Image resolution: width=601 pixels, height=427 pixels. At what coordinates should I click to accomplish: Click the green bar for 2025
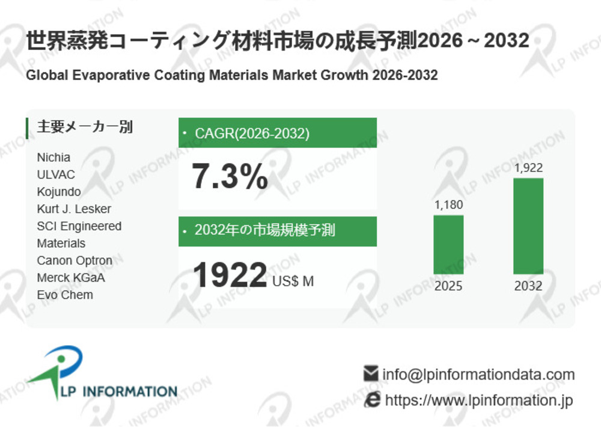[448, 244]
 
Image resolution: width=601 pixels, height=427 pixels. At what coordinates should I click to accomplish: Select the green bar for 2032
[528, 226]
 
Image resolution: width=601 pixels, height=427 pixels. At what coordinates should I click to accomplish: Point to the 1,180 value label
[448, 204]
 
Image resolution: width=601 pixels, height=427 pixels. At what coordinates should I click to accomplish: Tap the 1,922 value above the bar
[528, 168]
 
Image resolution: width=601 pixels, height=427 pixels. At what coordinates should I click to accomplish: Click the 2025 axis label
[448, 286]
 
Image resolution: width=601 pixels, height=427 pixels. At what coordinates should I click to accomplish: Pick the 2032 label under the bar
[528, 286]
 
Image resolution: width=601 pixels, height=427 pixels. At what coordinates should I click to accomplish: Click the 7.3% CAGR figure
[230, 177]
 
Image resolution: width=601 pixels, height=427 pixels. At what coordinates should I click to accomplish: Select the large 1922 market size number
[230, 275]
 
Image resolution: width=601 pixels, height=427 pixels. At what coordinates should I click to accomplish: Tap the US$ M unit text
[293, 281]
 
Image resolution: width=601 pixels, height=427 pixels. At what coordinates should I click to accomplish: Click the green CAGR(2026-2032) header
[278, 133]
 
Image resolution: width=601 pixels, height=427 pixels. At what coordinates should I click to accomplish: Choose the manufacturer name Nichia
[53, 157]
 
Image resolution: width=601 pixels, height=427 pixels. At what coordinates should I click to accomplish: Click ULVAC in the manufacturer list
[56, 174]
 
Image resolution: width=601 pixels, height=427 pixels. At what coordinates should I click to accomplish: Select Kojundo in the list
[59, 192]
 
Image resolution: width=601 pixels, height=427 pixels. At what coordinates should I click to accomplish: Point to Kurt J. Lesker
[74, 209]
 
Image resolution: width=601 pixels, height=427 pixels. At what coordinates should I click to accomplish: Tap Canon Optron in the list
[75, 260]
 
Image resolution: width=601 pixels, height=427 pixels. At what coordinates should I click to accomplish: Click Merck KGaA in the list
[70, 278]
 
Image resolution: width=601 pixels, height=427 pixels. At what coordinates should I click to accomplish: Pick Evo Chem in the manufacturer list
[65, 295]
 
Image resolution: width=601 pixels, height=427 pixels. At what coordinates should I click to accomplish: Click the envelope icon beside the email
[371, 374]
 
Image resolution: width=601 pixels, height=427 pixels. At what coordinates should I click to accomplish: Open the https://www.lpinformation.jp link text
[478, 400]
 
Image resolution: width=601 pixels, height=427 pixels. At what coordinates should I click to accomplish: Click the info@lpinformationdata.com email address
[478, 375]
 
